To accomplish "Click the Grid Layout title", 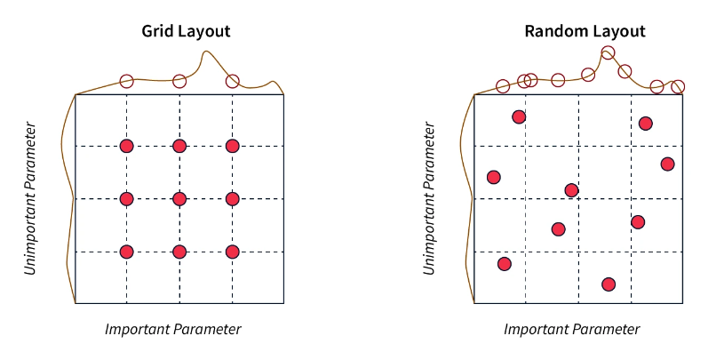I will (186, 31).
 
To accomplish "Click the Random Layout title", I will (585, 31).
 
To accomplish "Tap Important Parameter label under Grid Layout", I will (173, 330).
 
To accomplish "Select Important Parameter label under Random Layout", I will (572, 330).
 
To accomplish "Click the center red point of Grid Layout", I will (179, 199).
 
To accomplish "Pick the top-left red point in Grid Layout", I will (126, 146).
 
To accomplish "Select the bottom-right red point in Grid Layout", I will (233, 252).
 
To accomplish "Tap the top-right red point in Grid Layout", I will (233, 146).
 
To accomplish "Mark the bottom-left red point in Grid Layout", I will (126, 252).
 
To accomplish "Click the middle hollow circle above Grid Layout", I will (179, 81).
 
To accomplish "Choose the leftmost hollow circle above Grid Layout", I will (126, 81).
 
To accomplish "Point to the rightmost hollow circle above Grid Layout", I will (233, 81).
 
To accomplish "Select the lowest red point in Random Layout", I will (609, 284).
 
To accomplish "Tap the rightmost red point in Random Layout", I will (667, 164).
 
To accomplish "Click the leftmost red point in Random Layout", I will (494, 177).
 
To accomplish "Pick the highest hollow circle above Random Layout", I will (608, 52).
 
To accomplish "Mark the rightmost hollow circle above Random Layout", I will (678, 87).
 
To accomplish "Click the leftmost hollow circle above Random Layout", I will (503, 86).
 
